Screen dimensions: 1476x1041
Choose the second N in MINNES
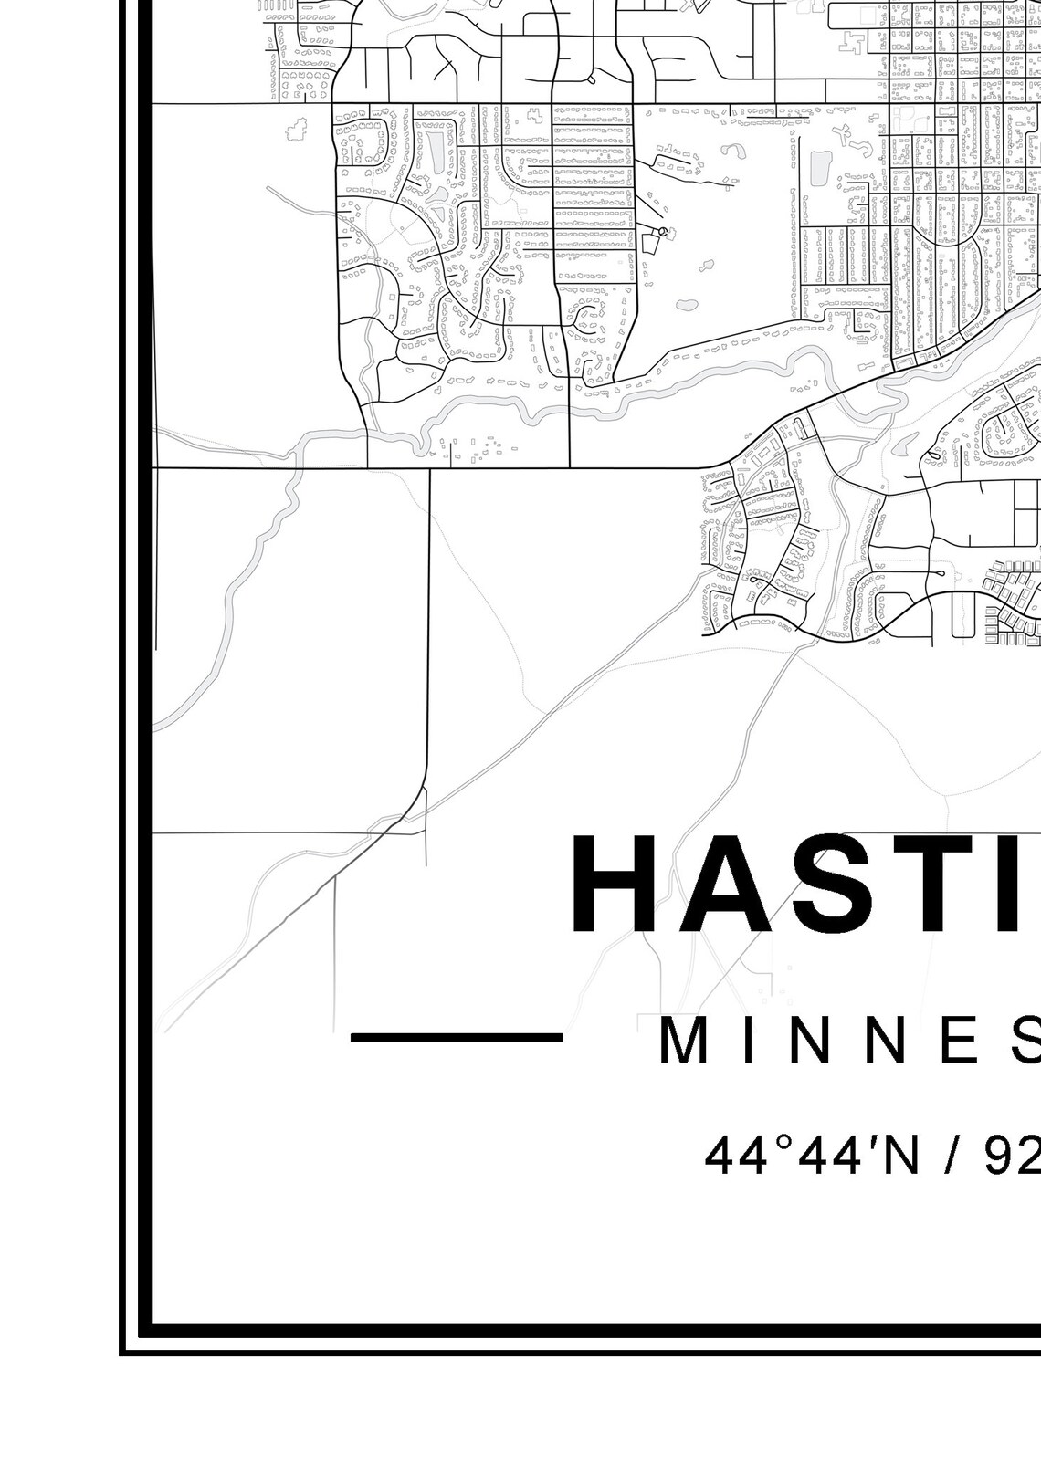click(881, 1042)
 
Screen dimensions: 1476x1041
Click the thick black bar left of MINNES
click(457, 1037)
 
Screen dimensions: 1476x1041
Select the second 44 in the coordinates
click(816, 1156)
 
